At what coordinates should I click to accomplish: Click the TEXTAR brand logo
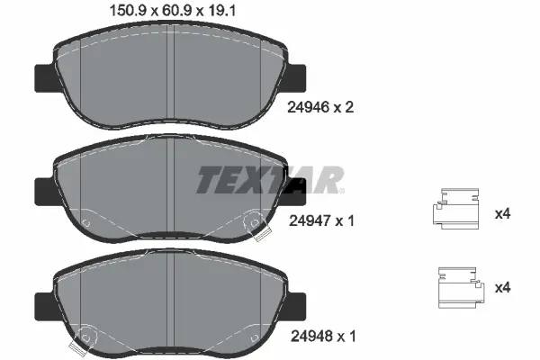point(269,181)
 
